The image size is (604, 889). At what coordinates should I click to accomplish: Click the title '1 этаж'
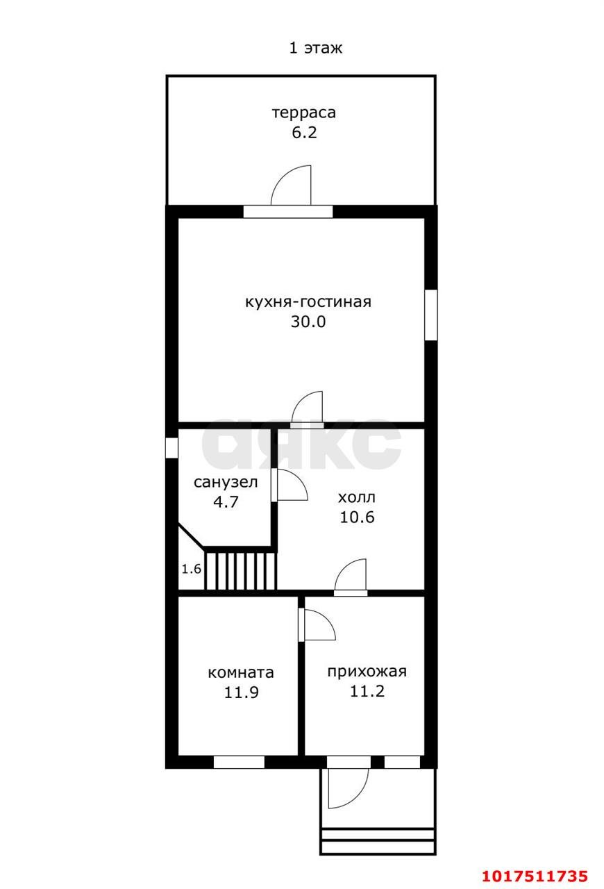point(315,48)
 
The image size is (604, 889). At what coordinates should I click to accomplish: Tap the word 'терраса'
point(304,113)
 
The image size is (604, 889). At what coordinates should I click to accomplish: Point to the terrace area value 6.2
point(304,132)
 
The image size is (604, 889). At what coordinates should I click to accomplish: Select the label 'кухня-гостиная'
point(308,302)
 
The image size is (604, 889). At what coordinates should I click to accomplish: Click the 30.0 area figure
point(308,322)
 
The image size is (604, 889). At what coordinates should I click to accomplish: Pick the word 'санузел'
point(226,482)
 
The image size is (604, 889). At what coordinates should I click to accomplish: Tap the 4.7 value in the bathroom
point(226,501)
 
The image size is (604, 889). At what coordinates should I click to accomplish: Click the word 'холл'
point(357,497)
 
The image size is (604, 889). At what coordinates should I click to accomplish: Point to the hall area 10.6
point(357,517)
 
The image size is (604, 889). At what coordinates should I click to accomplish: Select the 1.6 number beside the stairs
point(192,569)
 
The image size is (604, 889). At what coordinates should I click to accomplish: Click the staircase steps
point(240,571)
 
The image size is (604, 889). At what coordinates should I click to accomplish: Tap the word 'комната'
point(241,673)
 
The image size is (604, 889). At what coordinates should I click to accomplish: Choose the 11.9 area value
point(242,692)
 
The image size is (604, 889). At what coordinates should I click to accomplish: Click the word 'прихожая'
point(367,672)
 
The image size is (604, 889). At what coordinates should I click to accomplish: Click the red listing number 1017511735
point(535,876)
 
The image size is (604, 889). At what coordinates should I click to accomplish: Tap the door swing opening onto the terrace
point(284,178)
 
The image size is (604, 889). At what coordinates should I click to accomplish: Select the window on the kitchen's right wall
point(431,315)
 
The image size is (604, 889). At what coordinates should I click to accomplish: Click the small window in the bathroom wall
point(171,448)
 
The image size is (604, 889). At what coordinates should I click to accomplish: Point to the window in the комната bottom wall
point(239,762)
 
